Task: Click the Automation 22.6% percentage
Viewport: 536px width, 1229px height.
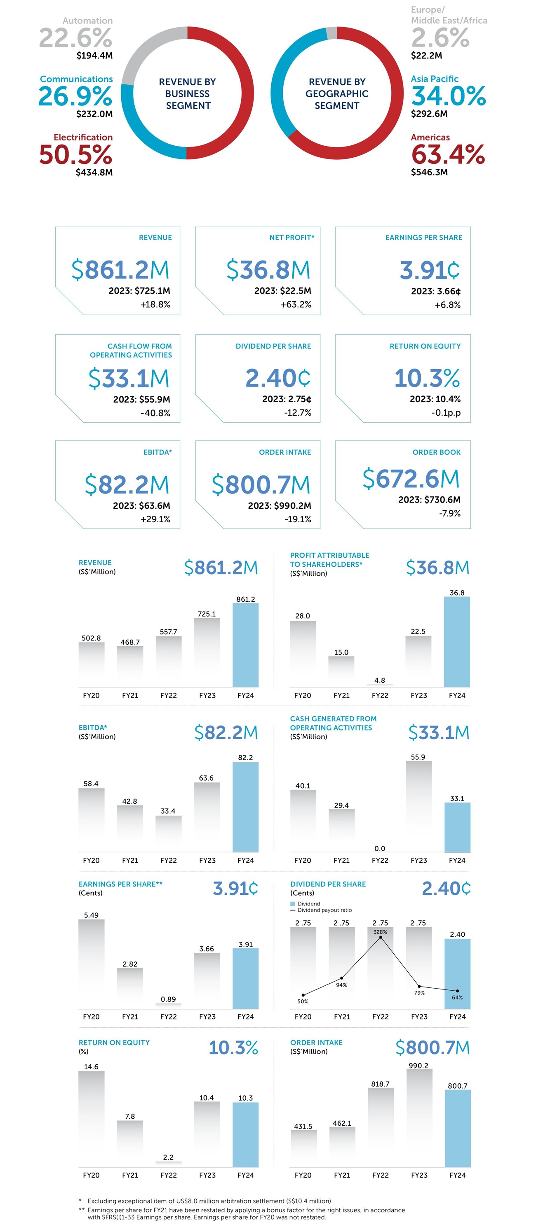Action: tap(75, 38)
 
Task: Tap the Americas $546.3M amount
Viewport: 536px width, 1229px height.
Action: tap(429, 172)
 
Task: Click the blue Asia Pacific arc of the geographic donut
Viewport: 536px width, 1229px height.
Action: tap(282, 72)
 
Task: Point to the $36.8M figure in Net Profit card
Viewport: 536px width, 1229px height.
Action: tap(268, 270)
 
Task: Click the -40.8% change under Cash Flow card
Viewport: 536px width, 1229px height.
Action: tap(155, 413)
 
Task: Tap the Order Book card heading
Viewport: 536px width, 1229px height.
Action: tap(436, 452)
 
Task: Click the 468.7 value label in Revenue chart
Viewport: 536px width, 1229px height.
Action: tap(130, 642)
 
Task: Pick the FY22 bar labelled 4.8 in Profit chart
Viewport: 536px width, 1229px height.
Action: tap(380, 684)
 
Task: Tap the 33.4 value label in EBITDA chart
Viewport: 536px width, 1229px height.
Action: tap(168, 811)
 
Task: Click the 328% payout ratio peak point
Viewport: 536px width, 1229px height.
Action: tap(380, 938)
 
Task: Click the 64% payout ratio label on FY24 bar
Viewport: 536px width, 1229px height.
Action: tap(457, 997)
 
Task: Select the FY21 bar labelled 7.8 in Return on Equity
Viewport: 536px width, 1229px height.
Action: tap(130, 1143)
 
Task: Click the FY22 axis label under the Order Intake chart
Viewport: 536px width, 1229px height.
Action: tap(380, 1175)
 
